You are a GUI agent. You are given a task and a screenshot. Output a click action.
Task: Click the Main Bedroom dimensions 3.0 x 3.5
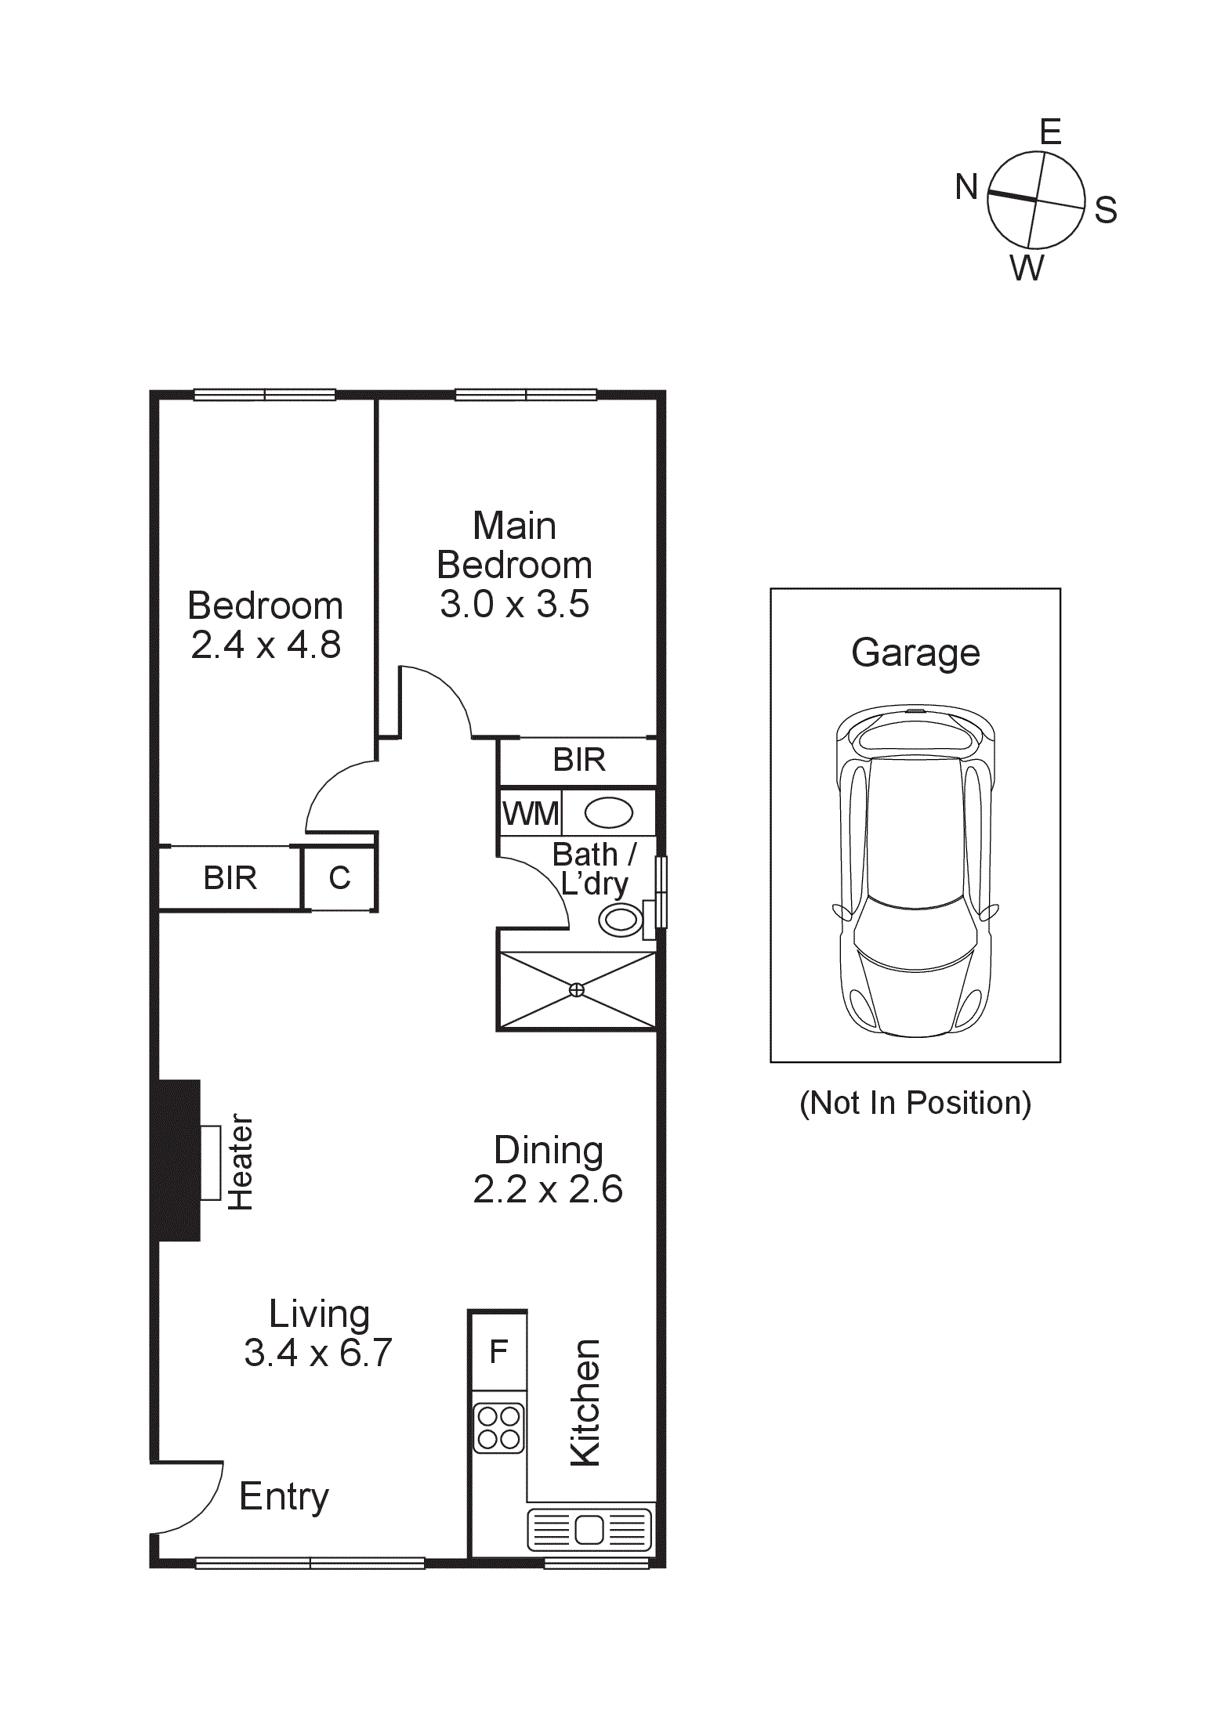(514, 605)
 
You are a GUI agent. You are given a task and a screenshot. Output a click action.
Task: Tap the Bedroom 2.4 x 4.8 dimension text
(266, 645)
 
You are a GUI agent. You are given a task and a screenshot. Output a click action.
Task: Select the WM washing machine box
(531, 814)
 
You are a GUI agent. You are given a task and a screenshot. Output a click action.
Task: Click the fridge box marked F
(498, 1351)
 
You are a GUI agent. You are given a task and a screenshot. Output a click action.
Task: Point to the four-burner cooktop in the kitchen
(498, 1427)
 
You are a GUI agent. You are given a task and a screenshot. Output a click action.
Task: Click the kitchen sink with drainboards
(589, 1529)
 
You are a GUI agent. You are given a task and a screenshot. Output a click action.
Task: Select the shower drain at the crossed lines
(576, 990)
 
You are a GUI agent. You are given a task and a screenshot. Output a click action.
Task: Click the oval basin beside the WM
(609, 813)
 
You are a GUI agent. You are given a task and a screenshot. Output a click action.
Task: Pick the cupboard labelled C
(339, 878)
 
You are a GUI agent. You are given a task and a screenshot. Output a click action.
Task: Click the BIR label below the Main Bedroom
(579, 760)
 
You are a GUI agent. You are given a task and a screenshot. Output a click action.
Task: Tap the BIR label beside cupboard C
(230, 878)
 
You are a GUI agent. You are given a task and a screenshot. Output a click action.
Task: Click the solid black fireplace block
(179, 1160)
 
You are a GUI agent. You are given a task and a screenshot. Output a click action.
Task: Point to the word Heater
(240, 1162)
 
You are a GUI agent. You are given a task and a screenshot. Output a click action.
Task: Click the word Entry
(284, 1497)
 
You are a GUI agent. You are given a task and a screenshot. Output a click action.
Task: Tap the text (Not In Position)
(915, 1103)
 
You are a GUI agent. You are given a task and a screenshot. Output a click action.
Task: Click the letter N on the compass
(966, 187)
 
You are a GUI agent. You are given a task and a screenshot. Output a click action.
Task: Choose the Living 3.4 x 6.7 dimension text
(317, 1353)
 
